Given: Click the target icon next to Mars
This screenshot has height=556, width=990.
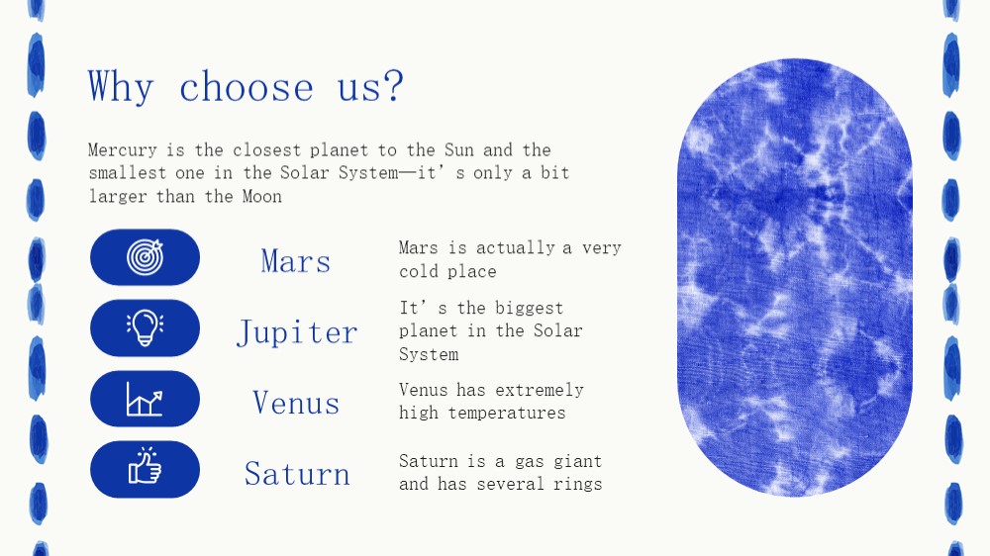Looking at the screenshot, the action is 145,257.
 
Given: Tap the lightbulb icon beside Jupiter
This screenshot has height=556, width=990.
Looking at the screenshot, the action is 145,327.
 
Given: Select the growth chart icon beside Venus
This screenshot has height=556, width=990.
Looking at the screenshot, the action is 145,399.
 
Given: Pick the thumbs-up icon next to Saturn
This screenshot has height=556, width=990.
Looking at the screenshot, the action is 145,466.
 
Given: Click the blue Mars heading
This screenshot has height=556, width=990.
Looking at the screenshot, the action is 295,260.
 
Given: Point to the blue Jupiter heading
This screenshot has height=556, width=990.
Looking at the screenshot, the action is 297,332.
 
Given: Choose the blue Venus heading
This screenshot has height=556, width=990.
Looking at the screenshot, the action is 296,403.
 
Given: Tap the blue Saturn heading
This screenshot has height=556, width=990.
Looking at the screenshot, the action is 297,473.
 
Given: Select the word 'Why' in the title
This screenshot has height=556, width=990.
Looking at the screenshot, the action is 121,86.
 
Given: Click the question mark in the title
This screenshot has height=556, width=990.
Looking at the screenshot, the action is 393,85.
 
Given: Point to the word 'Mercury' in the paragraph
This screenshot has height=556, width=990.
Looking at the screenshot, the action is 123,150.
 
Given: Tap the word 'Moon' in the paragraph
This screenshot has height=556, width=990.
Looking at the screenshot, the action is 262,196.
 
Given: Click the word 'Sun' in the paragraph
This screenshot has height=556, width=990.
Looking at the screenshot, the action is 459,149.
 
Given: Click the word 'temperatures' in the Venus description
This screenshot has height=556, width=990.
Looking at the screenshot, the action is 507,413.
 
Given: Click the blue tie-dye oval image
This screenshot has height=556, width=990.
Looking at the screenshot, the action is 794,278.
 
